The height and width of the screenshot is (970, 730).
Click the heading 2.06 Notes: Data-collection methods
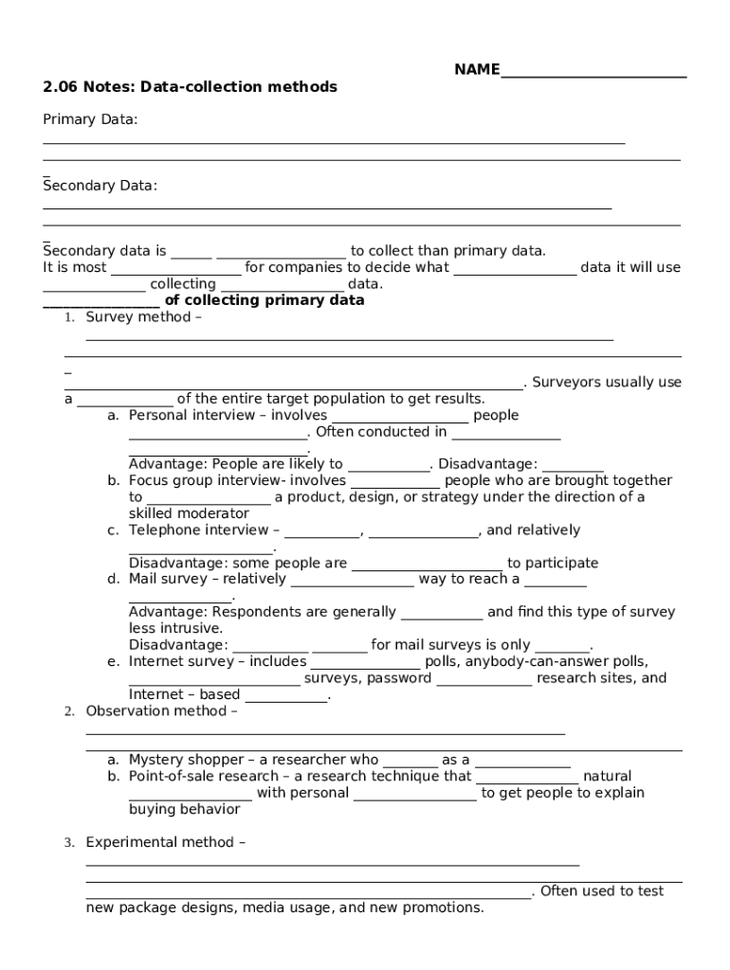[x=190, y=87]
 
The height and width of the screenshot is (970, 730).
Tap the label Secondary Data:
[x=100, y=186]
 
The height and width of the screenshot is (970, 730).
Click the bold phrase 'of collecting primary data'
[x=265, y=300]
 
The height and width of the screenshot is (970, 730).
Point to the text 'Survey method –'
[x=143, y=317]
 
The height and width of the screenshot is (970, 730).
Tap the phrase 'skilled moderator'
[x=189, y=513]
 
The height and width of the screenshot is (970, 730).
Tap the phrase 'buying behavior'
[x=184, y=809]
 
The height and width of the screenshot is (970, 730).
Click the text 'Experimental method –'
[x=166, y=842]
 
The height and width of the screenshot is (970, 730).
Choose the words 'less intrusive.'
[x=175, y=628]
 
